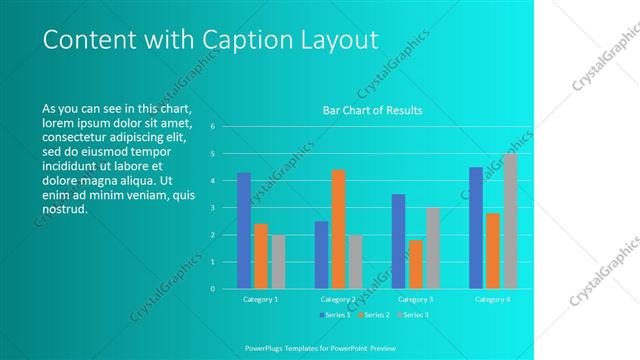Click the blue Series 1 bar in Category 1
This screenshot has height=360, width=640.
244,230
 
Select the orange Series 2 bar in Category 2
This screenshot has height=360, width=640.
338,229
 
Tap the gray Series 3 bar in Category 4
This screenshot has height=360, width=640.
510,221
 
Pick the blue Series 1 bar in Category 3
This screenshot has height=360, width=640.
398,241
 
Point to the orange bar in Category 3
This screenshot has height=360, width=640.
415,264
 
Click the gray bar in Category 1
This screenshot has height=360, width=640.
278,261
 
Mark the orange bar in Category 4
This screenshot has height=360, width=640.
493,250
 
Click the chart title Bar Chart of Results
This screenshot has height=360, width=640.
372,110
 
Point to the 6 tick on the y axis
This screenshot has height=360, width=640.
212,127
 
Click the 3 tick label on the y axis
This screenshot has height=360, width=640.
212,208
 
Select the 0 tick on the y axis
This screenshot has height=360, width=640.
212,289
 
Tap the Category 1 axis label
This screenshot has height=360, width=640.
261,299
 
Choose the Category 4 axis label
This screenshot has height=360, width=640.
492,299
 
